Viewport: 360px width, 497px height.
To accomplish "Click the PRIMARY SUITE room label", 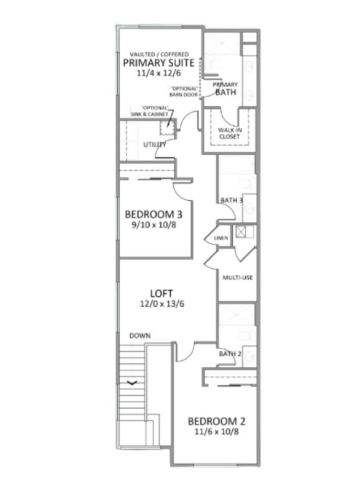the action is (158, 63).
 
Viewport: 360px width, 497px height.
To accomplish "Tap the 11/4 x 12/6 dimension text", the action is (159, 73).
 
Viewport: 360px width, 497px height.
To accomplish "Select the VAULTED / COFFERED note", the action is (159, 54).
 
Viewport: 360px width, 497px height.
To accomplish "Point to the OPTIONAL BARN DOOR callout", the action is (184, 91).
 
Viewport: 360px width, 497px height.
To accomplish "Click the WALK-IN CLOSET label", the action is (230, 134).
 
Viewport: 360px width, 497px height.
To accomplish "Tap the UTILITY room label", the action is (155, 145).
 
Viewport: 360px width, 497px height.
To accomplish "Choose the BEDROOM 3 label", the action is (153, 214).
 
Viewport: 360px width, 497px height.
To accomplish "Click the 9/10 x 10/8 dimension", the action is (154, 225).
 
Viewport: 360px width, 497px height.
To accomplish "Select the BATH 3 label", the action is (232, 200).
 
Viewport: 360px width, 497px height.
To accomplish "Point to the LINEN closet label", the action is (221, 238).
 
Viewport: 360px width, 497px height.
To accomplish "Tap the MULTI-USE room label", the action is (238, 278).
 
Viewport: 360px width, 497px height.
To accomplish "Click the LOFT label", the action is (161, 293).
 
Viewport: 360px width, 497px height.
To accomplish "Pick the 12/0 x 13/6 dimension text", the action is (162, 304).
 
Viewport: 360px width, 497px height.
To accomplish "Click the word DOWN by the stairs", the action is (140, 335).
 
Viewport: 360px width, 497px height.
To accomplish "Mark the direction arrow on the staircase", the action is (132, 383).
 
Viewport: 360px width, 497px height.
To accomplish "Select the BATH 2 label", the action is (230, 353).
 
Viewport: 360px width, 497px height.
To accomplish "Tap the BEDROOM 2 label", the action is (217, 421).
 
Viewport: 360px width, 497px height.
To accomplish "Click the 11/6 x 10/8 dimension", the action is (217, 432).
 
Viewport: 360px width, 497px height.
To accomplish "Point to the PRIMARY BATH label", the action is (225, 89).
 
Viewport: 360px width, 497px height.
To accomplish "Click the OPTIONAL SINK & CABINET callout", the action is (150, 111).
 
